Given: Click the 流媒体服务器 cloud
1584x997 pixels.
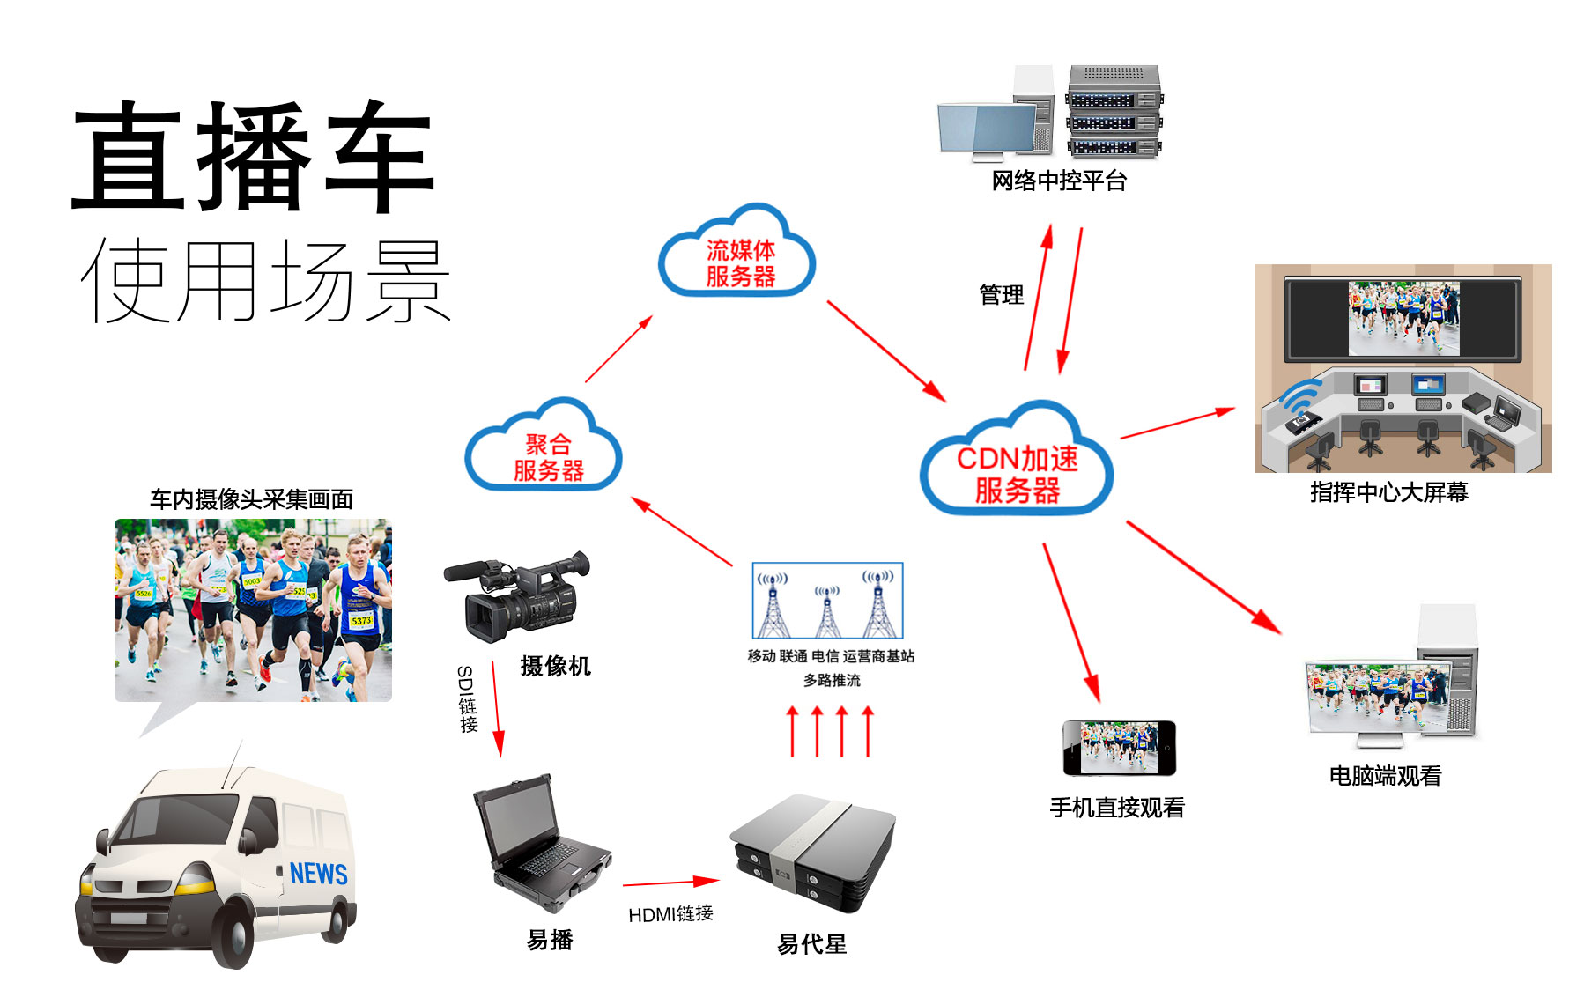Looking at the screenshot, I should (738, 258).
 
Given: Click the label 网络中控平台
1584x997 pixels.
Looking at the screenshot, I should (1059, 181).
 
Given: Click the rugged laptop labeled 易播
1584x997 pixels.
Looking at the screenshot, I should (540, 841).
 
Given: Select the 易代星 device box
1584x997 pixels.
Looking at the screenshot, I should (811, 853).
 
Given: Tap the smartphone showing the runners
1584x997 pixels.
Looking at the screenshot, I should (1119, 748).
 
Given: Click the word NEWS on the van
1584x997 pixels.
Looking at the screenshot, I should (318, 873).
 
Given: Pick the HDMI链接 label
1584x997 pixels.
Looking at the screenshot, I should (670, 914).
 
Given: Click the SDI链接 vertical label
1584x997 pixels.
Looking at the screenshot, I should (466, 699).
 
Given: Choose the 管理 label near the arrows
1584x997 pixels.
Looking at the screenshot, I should (1002, 295).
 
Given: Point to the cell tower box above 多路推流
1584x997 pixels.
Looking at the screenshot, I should (827, 600).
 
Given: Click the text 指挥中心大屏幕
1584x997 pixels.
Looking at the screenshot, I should (1389, 493).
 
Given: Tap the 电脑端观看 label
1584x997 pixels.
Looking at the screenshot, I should (1385, 776).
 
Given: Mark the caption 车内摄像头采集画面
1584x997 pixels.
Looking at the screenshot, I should (251, 499).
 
